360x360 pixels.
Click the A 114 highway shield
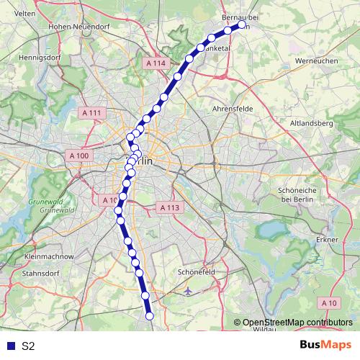[x=155, y=63]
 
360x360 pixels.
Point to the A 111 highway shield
[x=91, y=113]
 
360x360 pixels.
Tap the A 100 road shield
[x=78, y=156]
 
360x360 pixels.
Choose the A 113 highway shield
[x=167, y=207]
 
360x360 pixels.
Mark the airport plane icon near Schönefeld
[x=188, y=292]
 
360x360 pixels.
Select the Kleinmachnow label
[x=49, y=256]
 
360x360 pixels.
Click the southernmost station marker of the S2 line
[x=150, y=315]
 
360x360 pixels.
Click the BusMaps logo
[x=326, y=346]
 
